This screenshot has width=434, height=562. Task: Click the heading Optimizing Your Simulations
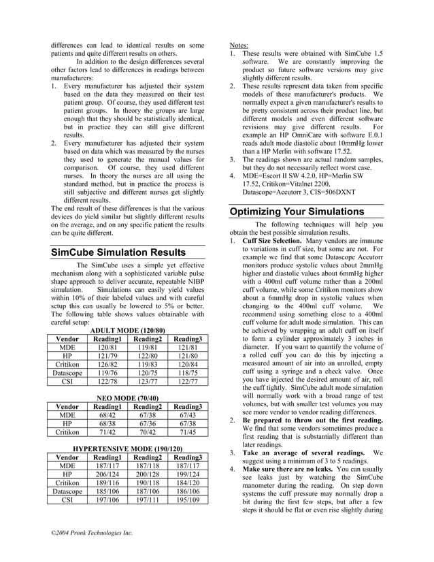(x=297, y=212)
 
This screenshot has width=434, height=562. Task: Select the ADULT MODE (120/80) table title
(x=128, y=330)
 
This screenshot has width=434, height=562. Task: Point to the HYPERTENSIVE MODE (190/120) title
(x=128, y=450)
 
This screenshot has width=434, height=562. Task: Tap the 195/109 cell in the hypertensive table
(x=187, y=499)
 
